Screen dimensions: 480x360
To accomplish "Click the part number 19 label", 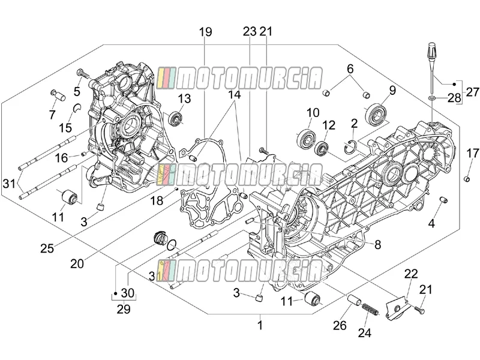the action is point(206,32).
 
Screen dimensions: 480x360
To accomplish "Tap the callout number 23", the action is point(250,31).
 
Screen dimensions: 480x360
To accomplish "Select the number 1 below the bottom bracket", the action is point(260,325).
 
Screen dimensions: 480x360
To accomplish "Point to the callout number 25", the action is point(47,248).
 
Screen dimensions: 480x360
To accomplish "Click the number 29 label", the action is point(124,309).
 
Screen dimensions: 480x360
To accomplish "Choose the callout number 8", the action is point(378,245).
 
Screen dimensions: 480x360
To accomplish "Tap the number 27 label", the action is point(472,92).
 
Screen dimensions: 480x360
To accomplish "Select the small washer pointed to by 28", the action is point(431,98).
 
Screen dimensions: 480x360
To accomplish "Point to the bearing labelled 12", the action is point(322,148).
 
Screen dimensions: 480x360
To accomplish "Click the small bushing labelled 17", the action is point(467,178).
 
